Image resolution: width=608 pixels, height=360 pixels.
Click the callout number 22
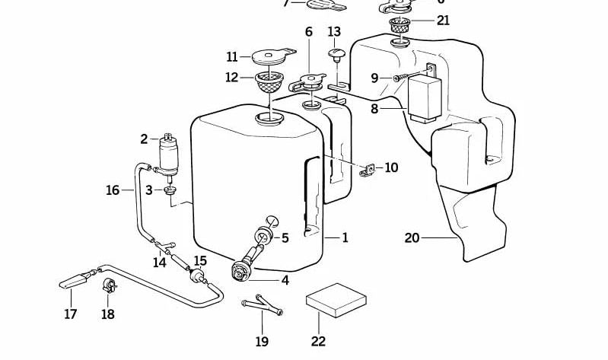[x=317, y=342]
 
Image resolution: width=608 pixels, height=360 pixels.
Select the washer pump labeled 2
[x=167, y=153]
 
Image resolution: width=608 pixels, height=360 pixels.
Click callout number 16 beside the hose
[x=113, y=190]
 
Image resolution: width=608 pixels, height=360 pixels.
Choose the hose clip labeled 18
[x=109, y=287]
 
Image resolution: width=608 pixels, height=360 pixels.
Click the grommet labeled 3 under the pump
[x=170, y=189]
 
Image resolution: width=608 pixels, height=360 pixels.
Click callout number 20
[x=412, y=238]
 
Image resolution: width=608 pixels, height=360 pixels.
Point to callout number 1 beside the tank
[x=345, y=238]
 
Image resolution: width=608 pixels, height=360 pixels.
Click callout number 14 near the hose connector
[x=160, y=263]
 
